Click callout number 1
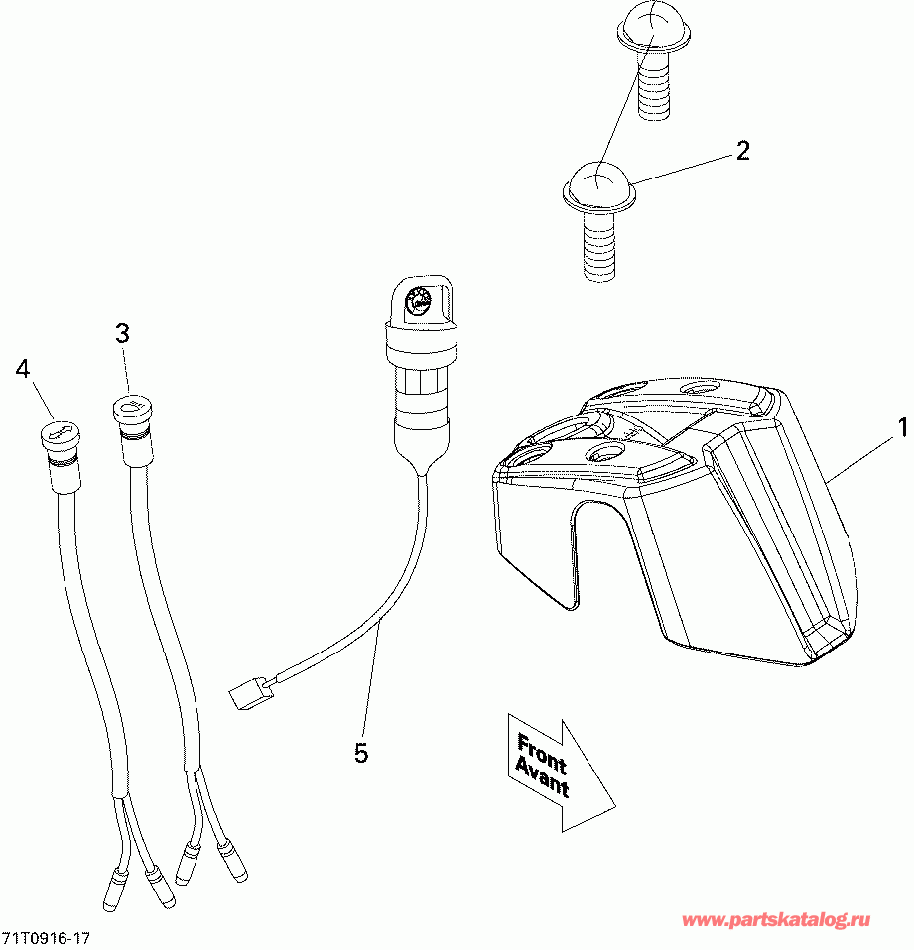[903, 428]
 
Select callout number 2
[741, 151]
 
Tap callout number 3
[122, 334]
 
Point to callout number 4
[23, 369]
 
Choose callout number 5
[361, 754]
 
